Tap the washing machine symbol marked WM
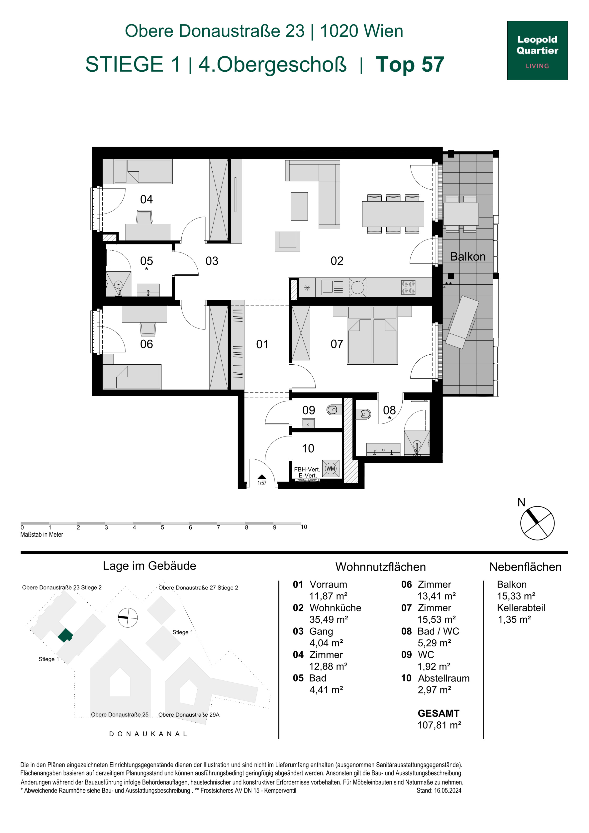click(x=331, y=468)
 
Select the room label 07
click(x=337, y=344)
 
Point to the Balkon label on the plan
click(x=468, y=257)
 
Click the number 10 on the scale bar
click(x=304, y=527)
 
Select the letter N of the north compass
click(x=521, y=502)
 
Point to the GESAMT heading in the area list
click(x=438, y=713)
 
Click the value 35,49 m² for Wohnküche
click(x=329, y=619)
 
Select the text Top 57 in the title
click(x=410, y=64)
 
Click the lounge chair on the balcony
click(x=462, y=322)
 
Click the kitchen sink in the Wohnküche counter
click(x=333, y=287)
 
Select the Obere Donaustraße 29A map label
click(x=189, y=715)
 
